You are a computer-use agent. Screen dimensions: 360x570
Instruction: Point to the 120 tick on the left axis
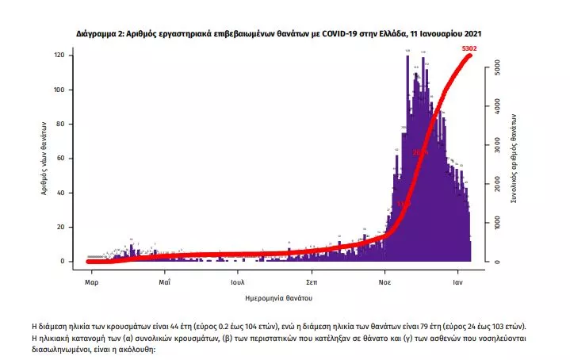[x=59, y=56]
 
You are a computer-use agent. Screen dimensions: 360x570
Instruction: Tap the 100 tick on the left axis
[x=59, y=90]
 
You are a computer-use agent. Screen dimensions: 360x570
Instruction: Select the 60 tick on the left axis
[x=60, y=159]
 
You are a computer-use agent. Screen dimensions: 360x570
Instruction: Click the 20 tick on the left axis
[x=60, y=227]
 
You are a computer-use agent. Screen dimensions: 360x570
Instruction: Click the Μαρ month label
[x=91, y=281]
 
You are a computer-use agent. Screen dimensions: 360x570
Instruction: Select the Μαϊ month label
[x=164, y=281]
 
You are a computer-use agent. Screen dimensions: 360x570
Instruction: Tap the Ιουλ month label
[x=237, y=281]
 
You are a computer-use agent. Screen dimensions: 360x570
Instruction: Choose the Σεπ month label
[x=312, y=281]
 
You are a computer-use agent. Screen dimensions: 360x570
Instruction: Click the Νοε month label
[x=385, y=281]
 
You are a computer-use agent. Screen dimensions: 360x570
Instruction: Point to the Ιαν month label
[x=458, y=281]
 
